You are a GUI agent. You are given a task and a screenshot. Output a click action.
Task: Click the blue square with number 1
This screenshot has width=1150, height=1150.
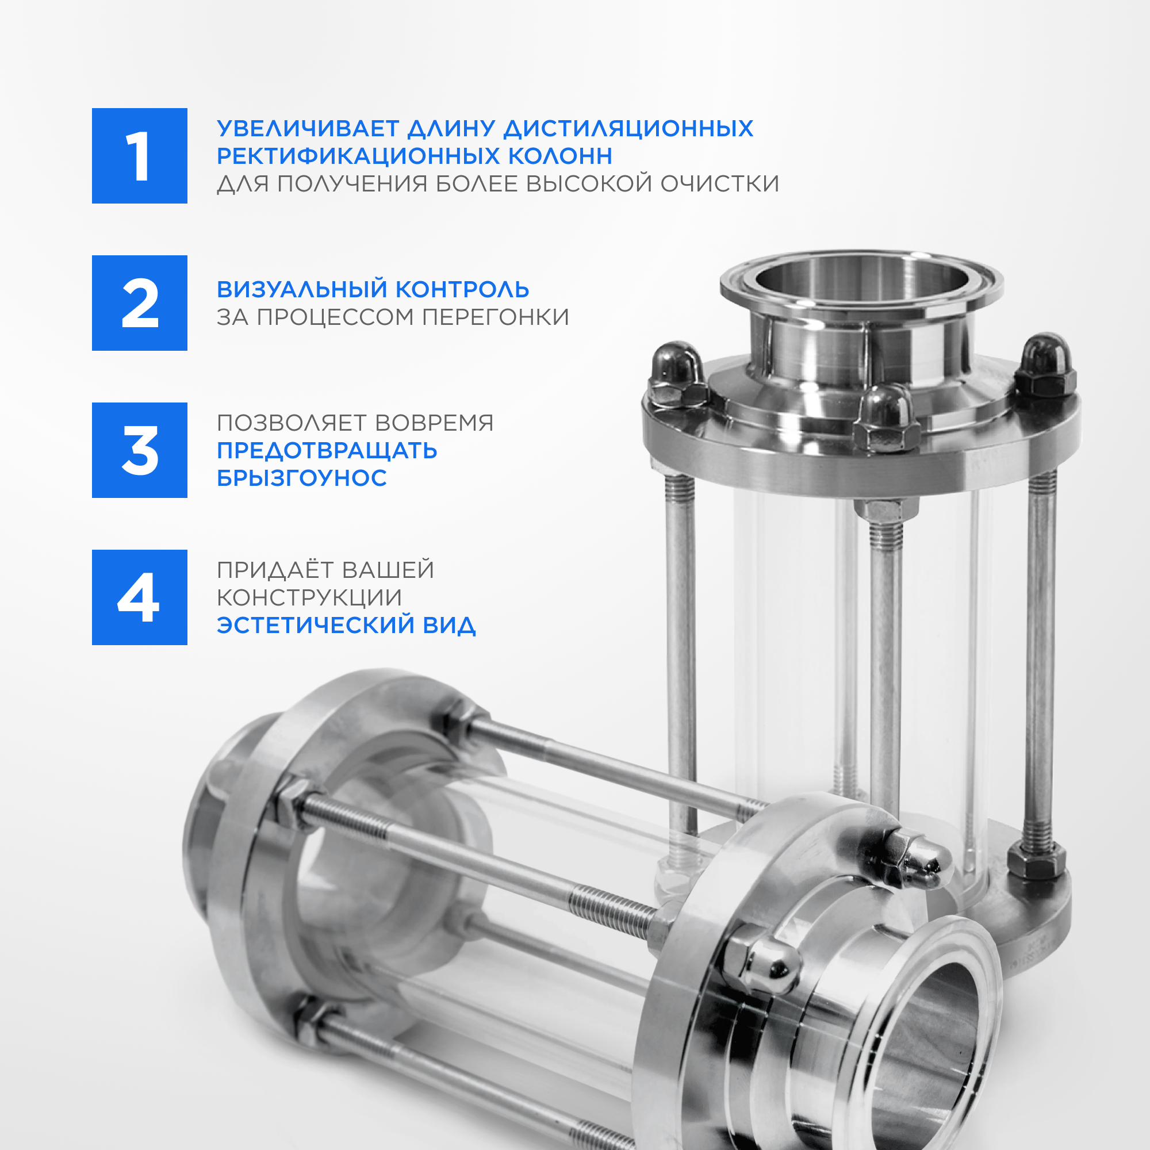[x=139, y=156]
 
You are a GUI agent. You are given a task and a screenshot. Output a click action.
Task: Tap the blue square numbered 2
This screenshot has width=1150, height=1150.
[x=139, y=303]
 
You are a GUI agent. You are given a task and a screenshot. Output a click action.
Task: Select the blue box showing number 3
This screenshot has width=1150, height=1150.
[x=139, y=450]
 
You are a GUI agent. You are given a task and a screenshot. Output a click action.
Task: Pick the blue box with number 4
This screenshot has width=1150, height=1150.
[x=139, y=597]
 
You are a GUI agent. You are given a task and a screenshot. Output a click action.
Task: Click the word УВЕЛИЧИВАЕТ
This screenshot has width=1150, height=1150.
[x=308, y=129]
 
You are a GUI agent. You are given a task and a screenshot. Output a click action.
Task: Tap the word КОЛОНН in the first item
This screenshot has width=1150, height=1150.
[x=560, y=156]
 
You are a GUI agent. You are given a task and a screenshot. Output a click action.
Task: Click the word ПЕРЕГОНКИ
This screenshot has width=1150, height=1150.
[x=495, y=317]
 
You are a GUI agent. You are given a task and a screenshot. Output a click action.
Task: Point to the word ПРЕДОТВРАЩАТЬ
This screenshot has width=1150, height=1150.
[x=327, y=451]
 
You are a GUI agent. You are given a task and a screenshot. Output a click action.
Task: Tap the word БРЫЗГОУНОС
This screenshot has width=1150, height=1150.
[x=302, y=478]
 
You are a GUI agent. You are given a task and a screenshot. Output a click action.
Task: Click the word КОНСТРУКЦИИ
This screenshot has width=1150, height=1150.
[x=309, y=597]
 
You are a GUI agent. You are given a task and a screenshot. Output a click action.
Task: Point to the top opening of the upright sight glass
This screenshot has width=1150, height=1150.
[x=861, y=279]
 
